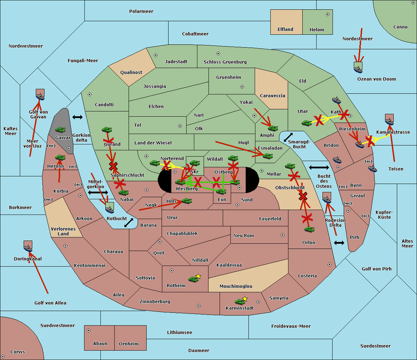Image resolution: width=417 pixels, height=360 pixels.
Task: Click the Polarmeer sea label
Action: pyautogui.click(x=141, y=11)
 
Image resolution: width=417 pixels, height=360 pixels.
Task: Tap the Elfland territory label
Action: pyautogui.click(x=285, y=30)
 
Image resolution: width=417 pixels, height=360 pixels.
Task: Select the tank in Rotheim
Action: pyautogui.click(x=193, y=279)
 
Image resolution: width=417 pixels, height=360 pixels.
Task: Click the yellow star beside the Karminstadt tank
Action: pyautogui.click(x=245, y=299)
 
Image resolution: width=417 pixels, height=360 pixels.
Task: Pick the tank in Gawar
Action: pyautogui.click(x=60, y=130)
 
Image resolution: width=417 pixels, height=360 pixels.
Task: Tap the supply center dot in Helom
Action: pyautogui.click(x=327, y=14)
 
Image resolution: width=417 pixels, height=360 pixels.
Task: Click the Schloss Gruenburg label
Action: pyautogui.click(x=225, y=62)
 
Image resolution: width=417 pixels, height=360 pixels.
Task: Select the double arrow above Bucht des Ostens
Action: pyautogui.click(x=319, y=168)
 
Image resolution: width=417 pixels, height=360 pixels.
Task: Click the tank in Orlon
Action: pyautogui.click(x=309, y=229)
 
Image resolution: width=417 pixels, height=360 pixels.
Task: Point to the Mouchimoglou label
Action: pyautogui.click(x=236, y=286)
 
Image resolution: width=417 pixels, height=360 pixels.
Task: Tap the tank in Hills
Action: pyautogui.click(x=187, y=201)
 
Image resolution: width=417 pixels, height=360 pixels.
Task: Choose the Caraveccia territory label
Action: pyautogui.click(x=272, y=96)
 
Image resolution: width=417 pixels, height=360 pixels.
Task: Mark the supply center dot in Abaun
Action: pyautogui.click(x=89, y=330)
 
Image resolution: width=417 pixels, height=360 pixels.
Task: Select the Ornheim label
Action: pyautogui.click(x=129, y=344)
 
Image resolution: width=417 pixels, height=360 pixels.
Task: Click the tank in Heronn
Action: pyautogui.click(x=60, y=158)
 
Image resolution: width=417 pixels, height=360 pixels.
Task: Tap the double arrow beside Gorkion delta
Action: pyautogui.click(x=77, y=117)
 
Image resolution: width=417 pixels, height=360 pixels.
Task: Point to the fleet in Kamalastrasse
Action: pyautogui.click(x=389, y=119)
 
